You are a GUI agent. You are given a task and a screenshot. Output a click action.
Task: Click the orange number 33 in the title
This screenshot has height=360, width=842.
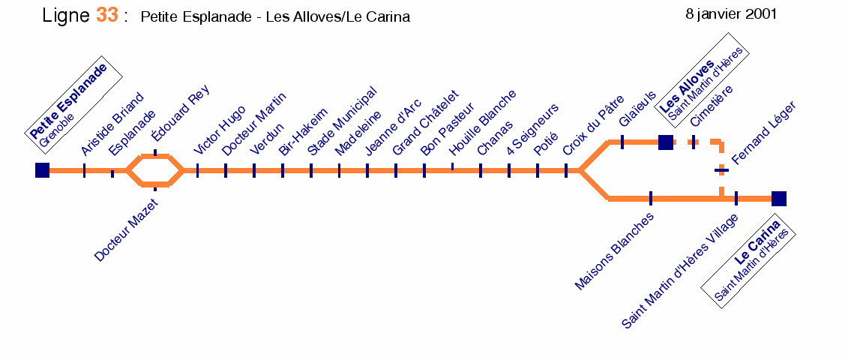click(x=107, y=14)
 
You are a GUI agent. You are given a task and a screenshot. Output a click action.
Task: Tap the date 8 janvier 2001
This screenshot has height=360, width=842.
click(x=731, y=14)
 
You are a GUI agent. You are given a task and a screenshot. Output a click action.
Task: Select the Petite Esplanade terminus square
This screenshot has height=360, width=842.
click(x=43, y=170)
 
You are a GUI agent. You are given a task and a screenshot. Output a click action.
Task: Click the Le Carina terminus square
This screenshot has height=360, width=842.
click(x=778, y=199)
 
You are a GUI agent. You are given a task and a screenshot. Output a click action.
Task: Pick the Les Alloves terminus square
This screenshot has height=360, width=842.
click(x=665, y=142)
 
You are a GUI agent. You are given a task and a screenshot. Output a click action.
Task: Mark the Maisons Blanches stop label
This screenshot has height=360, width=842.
click(x=614, y=251)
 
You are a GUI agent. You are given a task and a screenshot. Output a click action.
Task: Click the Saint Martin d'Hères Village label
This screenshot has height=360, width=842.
click(x=680, y=271)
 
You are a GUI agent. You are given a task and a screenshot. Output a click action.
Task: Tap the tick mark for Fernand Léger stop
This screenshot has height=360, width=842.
click(x=722, y=171)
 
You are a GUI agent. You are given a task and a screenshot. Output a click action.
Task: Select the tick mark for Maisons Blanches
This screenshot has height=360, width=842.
click(x=651, y=198)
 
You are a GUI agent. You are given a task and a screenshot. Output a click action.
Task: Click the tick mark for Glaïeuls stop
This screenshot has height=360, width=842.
click(x=622, y=142)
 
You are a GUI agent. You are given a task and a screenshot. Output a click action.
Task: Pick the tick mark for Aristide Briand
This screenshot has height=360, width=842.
click(x=84, y=170)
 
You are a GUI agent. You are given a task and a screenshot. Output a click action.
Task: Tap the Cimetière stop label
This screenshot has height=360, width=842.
click(x=712, y=106)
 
